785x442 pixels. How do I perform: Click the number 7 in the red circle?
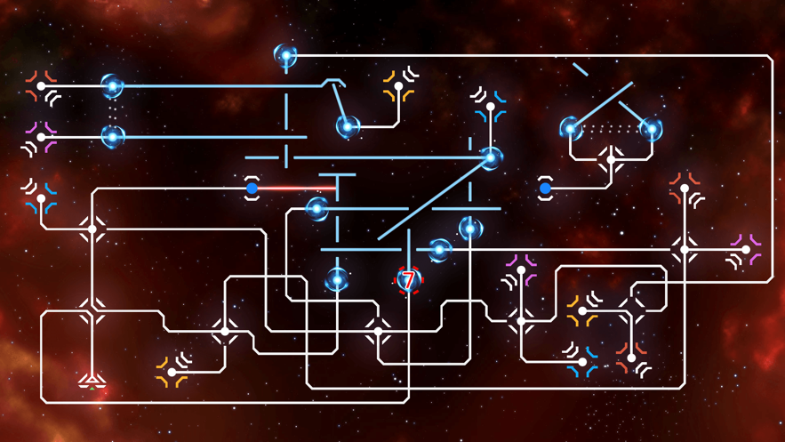pos(408,281)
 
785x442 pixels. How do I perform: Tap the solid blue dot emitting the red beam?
pos(252,189)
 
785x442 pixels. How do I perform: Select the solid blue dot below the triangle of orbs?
pos(545,189)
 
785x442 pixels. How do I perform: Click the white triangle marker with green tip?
pos(92,382)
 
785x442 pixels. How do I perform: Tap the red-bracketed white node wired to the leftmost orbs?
pos(41,86)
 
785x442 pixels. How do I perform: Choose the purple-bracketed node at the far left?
pos(41,137)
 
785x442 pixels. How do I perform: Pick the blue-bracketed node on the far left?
pos(41,198)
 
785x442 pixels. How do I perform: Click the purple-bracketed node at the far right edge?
pos(747,250)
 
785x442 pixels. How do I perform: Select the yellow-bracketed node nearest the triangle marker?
pos(172,372)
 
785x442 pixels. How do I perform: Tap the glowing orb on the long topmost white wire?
pos(285,56)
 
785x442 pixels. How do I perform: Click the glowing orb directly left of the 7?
pos(337,281)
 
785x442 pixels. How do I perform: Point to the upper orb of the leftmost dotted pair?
pos(112,86)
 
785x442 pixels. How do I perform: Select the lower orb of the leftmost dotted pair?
pos(112,137)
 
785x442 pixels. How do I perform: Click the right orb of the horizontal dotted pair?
pos(652,129)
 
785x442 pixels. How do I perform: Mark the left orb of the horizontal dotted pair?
pos(570,129)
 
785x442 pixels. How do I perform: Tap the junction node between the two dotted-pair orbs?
pos(611,161)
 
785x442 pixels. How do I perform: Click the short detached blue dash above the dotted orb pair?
pos(581,69)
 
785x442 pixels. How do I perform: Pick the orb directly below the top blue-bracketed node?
pos(490,158)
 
